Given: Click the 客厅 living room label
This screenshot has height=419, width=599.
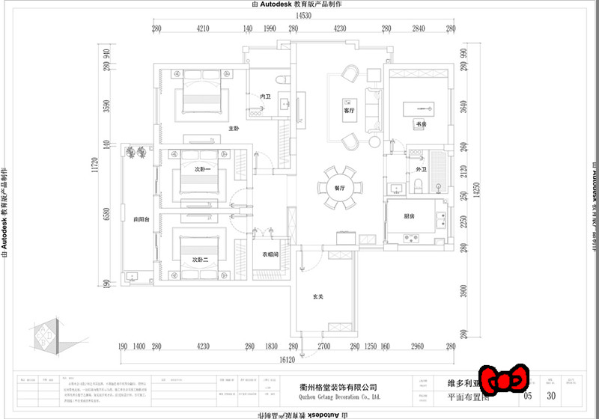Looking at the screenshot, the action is [x=347, y=110].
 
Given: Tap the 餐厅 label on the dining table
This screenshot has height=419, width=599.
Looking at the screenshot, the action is [x=340, y=188].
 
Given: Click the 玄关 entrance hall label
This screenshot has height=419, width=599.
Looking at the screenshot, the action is [x=317, y=297].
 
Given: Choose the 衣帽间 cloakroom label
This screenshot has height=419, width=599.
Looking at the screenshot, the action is [x=270, y=254].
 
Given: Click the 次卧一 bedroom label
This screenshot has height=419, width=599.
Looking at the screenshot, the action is [x=203, y=170].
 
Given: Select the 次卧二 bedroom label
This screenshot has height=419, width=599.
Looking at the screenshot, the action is [x=198, y=259].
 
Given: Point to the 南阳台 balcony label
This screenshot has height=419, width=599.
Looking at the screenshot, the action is [x=142, y=220].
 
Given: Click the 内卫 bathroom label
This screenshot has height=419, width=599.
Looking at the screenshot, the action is [x=265, y=97].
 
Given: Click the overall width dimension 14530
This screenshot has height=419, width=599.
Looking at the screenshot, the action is [x=302, y=15].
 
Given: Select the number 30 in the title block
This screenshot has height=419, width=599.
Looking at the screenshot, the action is [x=552, y=395].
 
